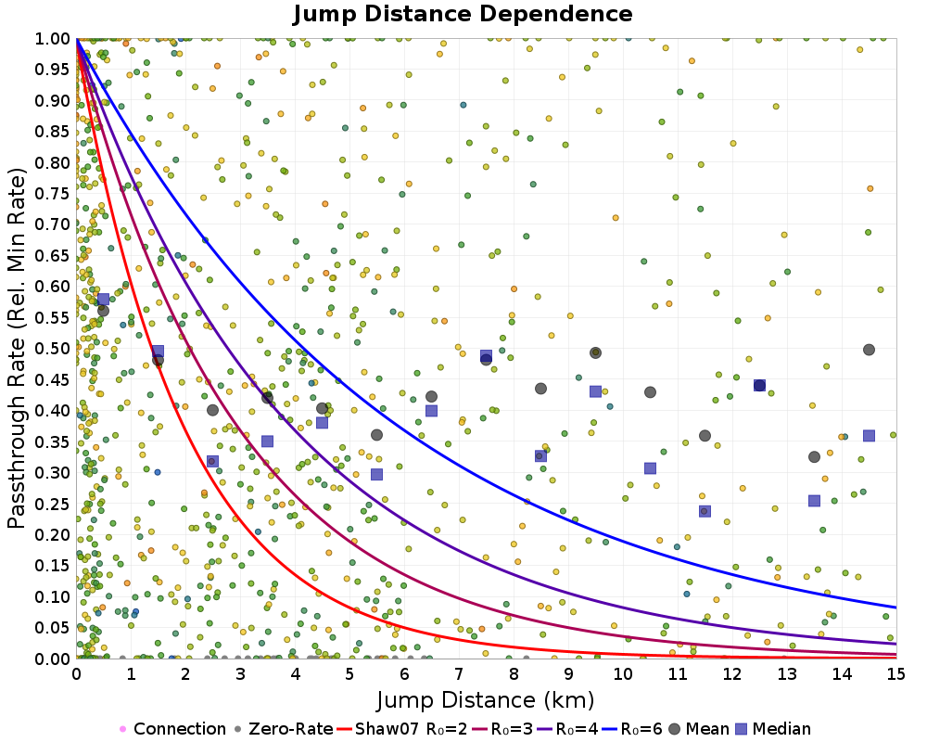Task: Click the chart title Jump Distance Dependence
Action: tap(463, 14)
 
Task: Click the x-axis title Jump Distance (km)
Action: tap(486, 699)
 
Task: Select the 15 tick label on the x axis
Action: tap(896, 674)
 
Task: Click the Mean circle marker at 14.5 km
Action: tap(869, 350)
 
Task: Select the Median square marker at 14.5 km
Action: tap(869, 436)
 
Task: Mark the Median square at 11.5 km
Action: tap(705, 511)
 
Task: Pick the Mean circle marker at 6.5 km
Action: tap(431, 397)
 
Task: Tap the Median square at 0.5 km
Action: tap(104, 299)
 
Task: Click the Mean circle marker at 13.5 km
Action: tap(814, 456)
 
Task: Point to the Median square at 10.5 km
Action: tap(650, 468)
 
